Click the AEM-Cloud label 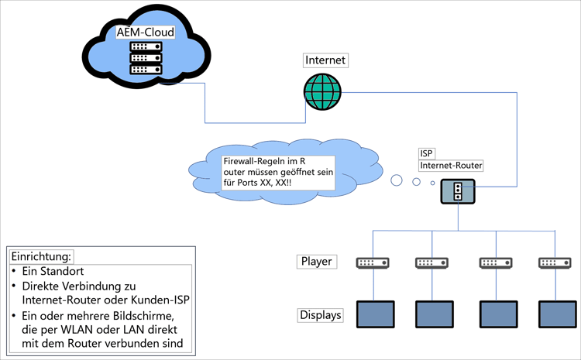[x=145, y=33]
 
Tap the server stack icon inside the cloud [x=145, y=58]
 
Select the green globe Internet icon [x=322, y=91]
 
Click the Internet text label [x=325, y=60]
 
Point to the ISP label [x=427, y=153]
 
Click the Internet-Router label [x=452, y=166]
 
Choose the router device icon [x=458, y=191]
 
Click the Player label [x=316, y=261]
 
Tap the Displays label [x=319, y=315]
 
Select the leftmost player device [x=373, y=263]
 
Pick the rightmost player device [x=555, y=263]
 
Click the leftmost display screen [x=375, y=314]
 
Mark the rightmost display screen [x=558, y=314]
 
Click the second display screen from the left [x=435, y=314]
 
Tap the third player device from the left [x=495, y=263]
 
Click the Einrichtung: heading [x=42, y=256]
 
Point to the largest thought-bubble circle [x=397, y=181]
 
